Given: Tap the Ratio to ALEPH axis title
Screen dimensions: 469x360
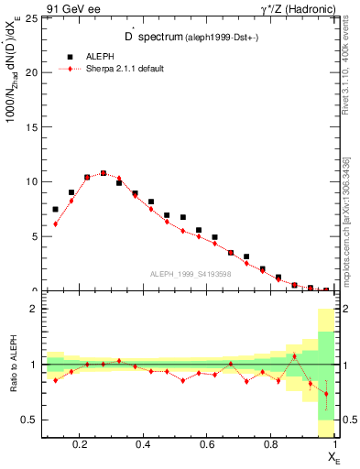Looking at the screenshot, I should click(x=12, y=364).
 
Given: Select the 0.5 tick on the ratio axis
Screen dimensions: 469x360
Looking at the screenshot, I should click(x=31, y=420).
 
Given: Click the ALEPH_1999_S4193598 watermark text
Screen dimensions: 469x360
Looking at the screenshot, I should click(x=191, y=274).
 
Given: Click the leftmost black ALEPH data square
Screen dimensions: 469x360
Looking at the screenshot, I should click(x=55, y=209).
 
